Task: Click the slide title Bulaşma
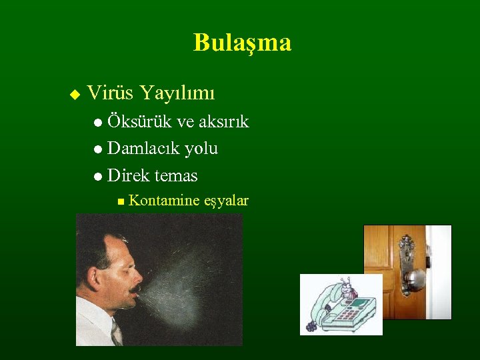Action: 242,43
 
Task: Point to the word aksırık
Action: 223,121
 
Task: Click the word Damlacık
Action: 143,148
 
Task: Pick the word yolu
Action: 201,149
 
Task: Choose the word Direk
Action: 128,175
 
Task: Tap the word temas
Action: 176,176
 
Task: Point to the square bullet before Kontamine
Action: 119,201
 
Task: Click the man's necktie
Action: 116,331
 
